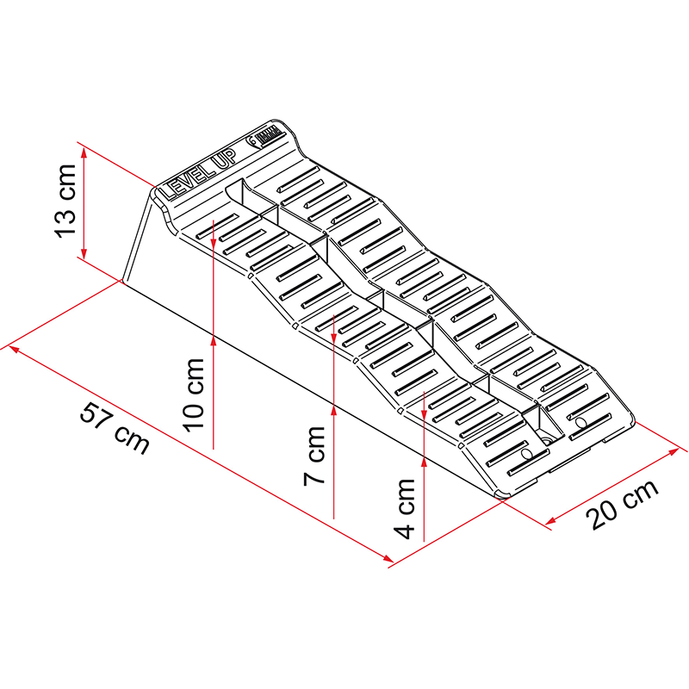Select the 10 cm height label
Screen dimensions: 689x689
click(x=194, y=393)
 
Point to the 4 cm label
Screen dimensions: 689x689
click(x=406, y=507)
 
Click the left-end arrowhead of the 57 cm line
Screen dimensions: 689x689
click(x=13, y=350)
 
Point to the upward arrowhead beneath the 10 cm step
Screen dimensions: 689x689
click(x=212, y=342)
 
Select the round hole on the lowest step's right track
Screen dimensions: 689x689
click(x=579, y=423)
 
